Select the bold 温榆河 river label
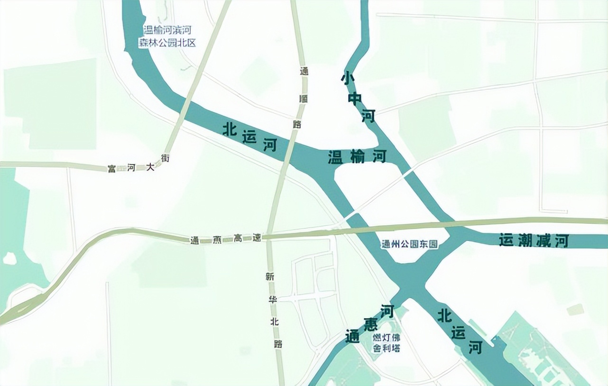(x=357, y=157)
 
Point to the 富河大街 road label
(x=138, y=164)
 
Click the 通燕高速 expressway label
(x=226, y=239)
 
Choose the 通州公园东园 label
(x=409, y=245)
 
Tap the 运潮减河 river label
(x=534, y=241)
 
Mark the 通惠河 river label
(x=370, y=324)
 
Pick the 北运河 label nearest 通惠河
(x=459, y=331)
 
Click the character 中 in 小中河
(x=355, y=98)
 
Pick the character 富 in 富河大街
(x=112, y=169)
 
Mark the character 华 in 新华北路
(x=273, y=299)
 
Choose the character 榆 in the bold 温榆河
(x=357, y=157)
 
